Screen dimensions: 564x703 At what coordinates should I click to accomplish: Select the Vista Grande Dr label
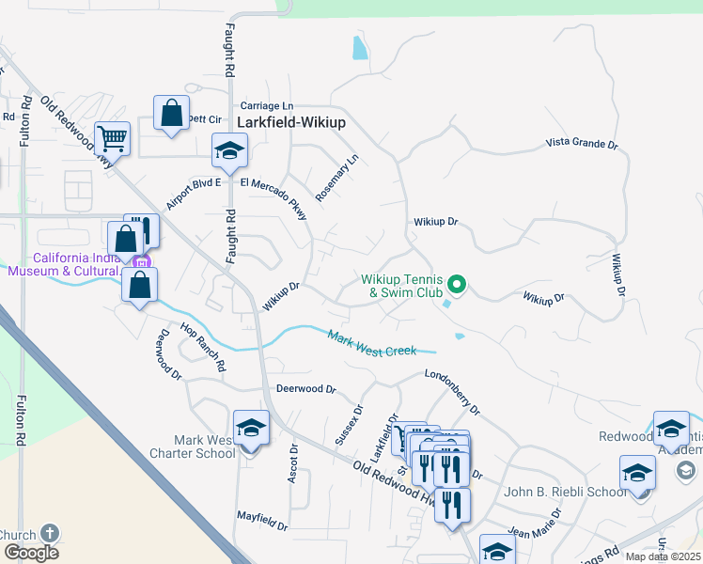click(582, 144)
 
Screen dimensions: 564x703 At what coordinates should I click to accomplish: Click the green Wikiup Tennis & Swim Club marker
click(457, 283)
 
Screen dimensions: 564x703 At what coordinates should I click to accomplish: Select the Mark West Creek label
click(372, 343)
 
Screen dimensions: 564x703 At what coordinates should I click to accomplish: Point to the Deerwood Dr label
click(305, 388)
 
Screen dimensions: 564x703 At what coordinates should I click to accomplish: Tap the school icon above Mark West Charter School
click(251, 429)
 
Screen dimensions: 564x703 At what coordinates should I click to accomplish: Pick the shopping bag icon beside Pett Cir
click(172, 114)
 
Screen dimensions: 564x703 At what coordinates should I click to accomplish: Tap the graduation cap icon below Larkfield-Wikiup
click(229, 149)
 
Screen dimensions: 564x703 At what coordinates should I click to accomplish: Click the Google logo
click(31, 553)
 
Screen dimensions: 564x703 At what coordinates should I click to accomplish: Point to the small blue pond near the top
click(359, 47)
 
